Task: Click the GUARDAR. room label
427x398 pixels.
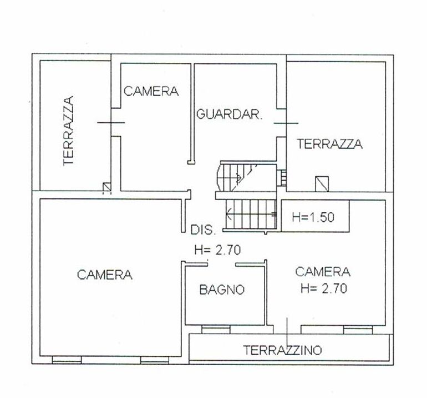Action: coord(229,114)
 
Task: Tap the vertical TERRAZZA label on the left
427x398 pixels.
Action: coord(68,131)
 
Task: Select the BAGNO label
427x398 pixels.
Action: coord(222,290)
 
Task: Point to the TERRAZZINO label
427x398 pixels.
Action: coord(282,350)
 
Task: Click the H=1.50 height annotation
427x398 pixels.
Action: coord(313,217)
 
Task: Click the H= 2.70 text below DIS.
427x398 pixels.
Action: coord(217,250)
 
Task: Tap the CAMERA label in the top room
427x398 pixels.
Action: coord(151,91)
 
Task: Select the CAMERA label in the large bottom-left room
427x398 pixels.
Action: coord(105,275)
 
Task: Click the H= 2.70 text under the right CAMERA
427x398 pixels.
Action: coord(324,288)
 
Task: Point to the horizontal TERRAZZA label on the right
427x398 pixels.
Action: coord(329,144)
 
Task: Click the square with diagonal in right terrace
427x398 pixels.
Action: coord(322,184)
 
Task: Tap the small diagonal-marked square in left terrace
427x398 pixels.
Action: coord(106,187)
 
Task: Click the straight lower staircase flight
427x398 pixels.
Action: coord(251,214)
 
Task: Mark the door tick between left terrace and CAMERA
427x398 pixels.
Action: coord(111,122)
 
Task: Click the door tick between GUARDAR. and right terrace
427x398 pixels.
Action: coord(286,123)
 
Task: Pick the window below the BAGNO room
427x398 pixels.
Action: coord(216,329)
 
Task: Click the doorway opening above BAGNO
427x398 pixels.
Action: coord(222,264)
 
